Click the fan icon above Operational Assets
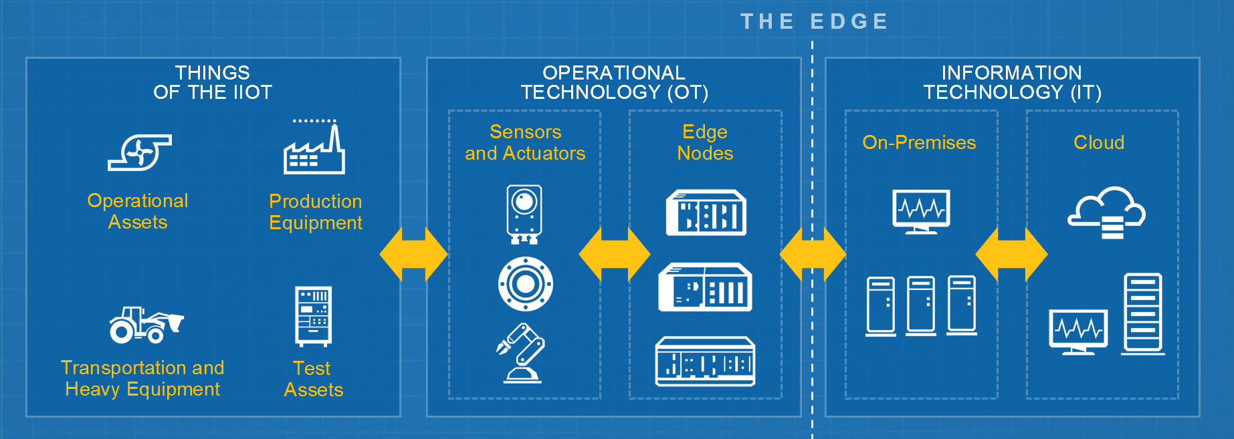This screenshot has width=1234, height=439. pyautogui.click(x=140, y=152)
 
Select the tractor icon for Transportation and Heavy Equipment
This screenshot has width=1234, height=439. pyautogui.click(x=146, y=325)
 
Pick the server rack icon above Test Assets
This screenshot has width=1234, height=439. pyautogui.click(x=313, y=316)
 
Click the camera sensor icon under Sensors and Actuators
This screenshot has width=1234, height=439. pyautogui.click(x=524, y=214)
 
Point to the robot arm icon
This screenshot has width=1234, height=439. pyautogui.click(x=522, y=353)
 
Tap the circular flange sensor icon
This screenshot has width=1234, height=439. pyautogui.click(x=526, y=284)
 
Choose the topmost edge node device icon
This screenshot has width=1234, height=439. pyautogui.click(x=706, y=213)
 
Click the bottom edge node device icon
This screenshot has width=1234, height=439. pyautogui.click(x=705, y=361)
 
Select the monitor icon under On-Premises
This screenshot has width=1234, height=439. pyautogui.click(x=921, y=211)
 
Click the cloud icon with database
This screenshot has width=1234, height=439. pyautogui.click(x=1106, y=212)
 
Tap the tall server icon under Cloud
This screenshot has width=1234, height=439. pyautogui.click(x=1142, y=313)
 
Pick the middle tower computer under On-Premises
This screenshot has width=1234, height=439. pyautogui.click(x=921, y=305)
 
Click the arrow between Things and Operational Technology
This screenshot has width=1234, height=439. pyautogui.click(x=413, y=255)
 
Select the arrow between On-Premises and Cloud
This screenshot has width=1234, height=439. pyautogui.click(x=1011, y=255)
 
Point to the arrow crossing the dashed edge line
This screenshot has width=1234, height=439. pyautogui.click(x=813, y=255)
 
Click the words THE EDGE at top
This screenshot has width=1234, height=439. pyautogui.click(x=814, y=21)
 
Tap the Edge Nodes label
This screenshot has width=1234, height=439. pyautogui.click(x=705, y=142)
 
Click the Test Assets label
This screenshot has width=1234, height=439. pyautogui.click(x=313, y=379)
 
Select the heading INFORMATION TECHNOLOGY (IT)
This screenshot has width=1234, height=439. pyautogui.click(x=1012, y=82)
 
